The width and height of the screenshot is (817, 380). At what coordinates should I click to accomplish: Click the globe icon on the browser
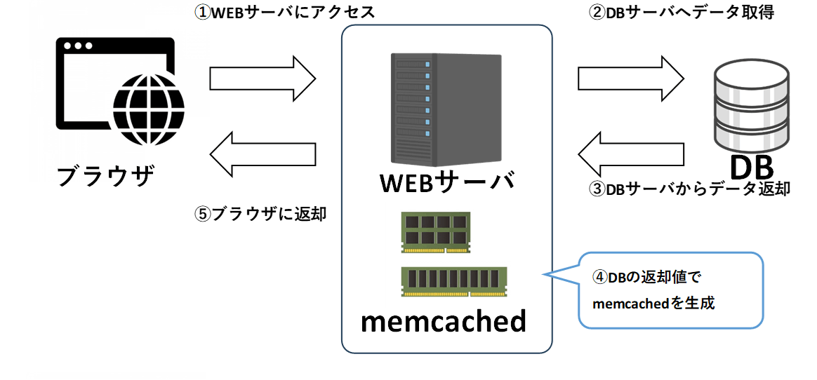(x=148, y=109)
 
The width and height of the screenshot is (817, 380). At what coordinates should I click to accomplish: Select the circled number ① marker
(x=202, y=13)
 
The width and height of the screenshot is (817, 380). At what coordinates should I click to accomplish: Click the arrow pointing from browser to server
(x=262, y=79)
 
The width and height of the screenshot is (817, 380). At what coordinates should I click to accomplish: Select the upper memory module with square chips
(x=436, y=232)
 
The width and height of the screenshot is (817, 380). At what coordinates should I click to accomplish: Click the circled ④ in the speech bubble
(x=600, y=277)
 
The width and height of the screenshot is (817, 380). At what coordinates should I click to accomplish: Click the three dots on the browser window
(x=78, y=46)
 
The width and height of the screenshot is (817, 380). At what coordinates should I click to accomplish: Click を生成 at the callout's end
(x=691, y=304)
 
